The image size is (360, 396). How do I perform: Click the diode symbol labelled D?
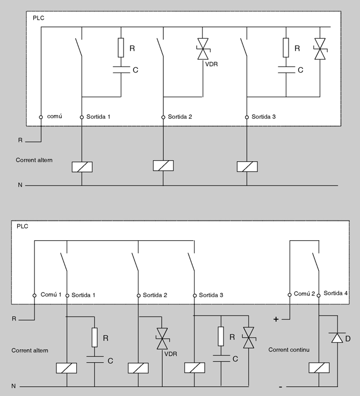point(337,339)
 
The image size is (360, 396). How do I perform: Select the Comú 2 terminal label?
point(304,294)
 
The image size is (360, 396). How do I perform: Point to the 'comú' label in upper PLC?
point(54,116)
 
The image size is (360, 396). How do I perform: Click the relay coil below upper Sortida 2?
point(163,165)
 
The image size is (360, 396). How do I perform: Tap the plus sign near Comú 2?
point(276,319)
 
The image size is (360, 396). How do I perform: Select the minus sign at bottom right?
point(280,386)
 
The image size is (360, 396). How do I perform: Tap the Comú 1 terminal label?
point(52,295)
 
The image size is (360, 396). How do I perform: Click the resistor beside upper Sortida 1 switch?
point(121,48)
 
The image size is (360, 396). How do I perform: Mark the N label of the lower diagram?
point(15,386)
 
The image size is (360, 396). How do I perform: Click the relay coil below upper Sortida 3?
point(247,165)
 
